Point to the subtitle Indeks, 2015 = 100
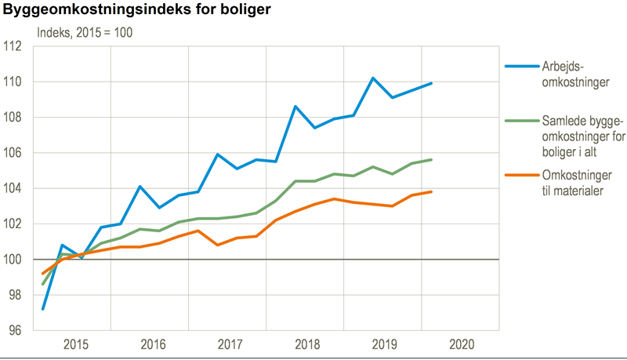tap(85, 33)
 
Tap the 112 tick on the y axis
tap(17, 46)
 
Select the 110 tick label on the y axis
tap(17, 82)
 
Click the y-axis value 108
tap(17, 118)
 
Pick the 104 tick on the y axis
tap(17, 188)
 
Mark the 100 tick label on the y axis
tap(17, 260)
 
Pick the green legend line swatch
tap(520, 121)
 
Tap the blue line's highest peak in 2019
tap(373, 78)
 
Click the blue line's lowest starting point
tap(43, 309)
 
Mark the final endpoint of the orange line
tap(432, 192)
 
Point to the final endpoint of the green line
tap(432, 160)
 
